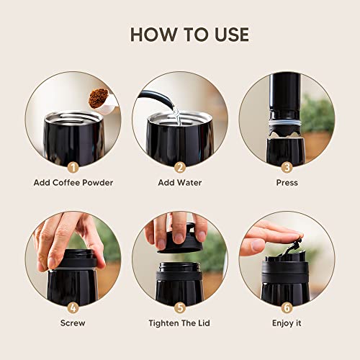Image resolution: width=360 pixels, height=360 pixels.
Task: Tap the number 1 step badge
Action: (73, 166)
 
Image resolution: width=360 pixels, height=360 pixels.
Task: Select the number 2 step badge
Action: (180, 166)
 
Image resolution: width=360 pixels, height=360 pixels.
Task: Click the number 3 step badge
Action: (287, 166)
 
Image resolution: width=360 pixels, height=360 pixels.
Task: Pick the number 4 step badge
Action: (73, 306)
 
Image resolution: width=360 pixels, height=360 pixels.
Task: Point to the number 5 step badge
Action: (180, 306)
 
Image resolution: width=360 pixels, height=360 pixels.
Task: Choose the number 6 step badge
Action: (287, 306)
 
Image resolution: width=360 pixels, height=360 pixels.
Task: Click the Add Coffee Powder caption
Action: (73, 183)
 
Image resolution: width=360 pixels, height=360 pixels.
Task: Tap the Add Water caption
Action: (180, 183)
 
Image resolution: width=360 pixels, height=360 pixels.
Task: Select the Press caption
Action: (287, 183)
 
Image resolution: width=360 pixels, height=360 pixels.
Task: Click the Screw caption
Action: (73, 323)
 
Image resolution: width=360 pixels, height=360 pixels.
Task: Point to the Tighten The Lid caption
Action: (180, 323)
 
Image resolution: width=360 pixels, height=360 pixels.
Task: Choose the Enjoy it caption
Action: (287, 323)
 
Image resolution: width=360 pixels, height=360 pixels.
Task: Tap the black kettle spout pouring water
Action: (159, 98)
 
